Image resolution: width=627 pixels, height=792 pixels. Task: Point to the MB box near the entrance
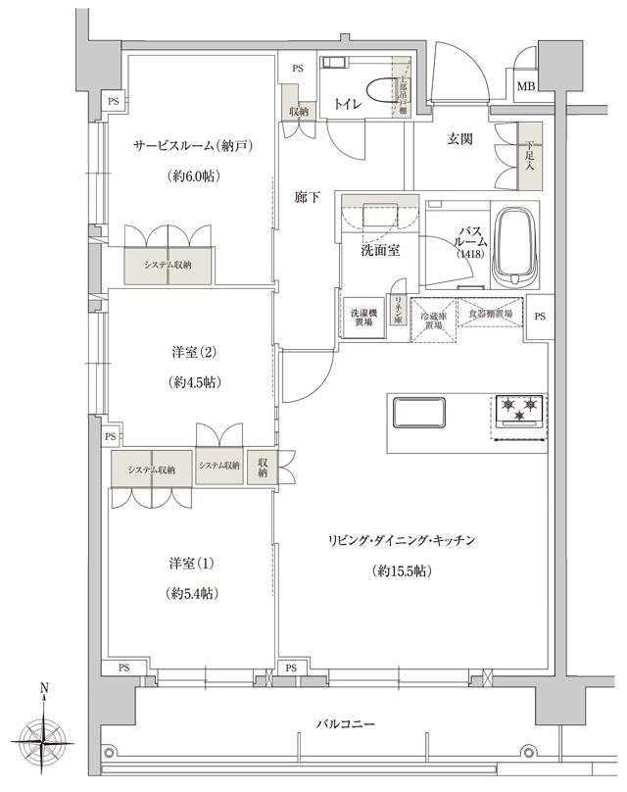[x=526, y=87]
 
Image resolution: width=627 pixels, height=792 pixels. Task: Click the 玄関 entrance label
[x=460, y=139]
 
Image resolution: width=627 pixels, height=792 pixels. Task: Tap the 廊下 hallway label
[x=307, y=198]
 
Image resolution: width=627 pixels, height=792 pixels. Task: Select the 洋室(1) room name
[x=191, y=564]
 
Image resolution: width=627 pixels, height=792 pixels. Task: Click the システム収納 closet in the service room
[x=168, y=266]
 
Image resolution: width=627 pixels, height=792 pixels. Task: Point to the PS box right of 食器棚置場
[x=540, y=317]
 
